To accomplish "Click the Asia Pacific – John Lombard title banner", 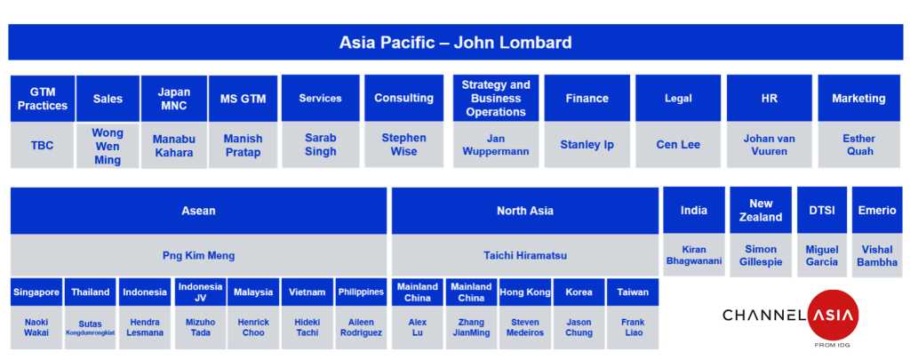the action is tap(456, 43).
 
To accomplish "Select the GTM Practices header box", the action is tap(43, 99).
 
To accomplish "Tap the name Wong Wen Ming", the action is tap(108, 146).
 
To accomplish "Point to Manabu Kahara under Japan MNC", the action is tap(174, 146).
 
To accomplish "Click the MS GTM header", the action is tap(243, 99).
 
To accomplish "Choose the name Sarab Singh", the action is tap(320, 145).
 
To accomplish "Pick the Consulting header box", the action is tap(404, 98).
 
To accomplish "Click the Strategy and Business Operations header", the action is tap(496, 98).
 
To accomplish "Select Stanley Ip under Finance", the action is tap(587, 145).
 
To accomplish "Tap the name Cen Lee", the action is tap(678, 145).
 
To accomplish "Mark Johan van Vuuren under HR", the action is tap(769, 145).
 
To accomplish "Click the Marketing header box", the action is tap(859, 98).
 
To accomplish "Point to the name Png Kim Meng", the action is tap(198, 255).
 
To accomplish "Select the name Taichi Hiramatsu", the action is tap(525, 255).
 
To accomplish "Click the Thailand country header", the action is tap(90, 292).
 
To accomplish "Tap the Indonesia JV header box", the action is tap(200, 292).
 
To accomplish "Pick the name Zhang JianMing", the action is tap(471, 327).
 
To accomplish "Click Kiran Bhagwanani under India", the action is tap(694, 255).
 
